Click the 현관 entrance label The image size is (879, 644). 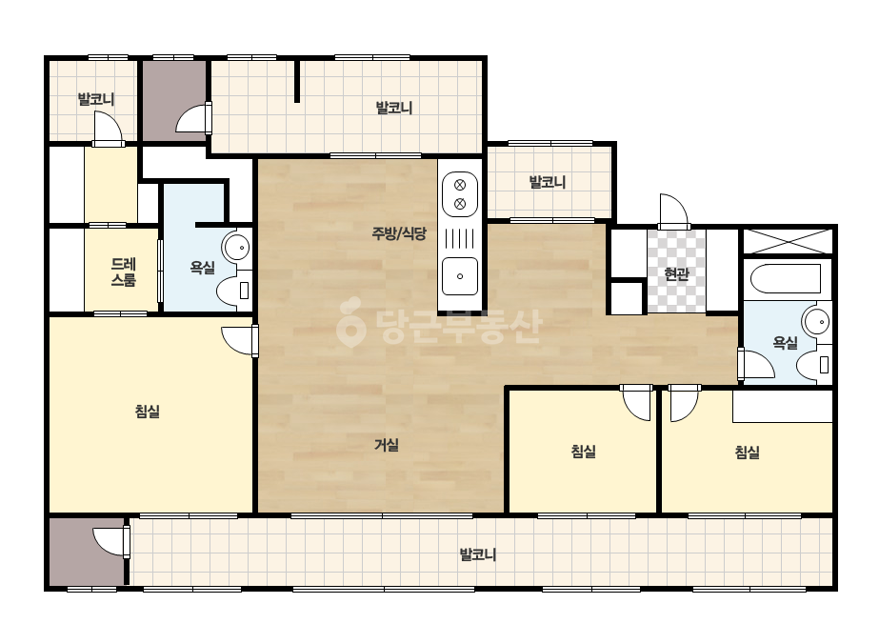coord(676,274)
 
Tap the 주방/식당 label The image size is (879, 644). coord(399,233)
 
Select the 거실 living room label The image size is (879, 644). coord(387,446)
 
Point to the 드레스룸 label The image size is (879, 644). coord(124,272)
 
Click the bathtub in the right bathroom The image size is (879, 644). coord(786,278)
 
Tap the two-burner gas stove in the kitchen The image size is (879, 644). coord(460,194)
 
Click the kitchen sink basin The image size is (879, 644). coord(460,276)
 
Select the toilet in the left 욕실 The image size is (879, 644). coord(233,291)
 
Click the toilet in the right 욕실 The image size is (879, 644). coord(813,365)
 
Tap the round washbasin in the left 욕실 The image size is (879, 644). coord(236,247)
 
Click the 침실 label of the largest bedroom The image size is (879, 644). coord(148,412)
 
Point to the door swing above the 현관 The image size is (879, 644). coord(674,211)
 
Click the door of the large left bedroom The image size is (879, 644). coord(239,340)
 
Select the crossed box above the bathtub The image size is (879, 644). coord(787,241)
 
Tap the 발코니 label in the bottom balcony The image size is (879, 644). coord(478,554)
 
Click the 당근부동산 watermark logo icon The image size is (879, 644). coord(350,322)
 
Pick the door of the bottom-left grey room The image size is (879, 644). coord(111,541)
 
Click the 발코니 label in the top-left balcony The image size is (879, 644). coord(96,99)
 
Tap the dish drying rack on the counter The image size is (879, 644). coord(460,238)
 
